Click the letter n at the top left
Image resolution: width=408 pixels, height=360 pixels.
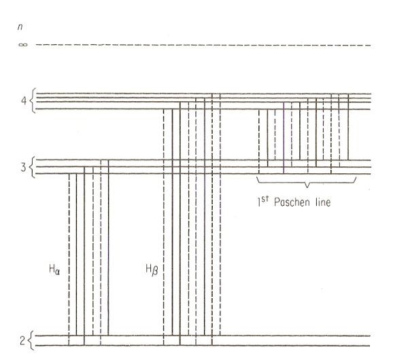coord(27,27)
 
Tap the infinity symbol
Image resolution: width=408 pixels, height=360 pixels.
coord(26,46)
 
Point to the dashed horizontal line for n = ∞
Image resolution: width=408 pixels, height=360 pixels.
coord(204,46)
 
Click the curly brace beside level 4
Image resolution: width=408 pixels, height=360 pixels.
coord(33,100)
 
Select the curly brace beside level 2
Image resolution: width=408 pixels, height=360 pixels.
coord(32,340)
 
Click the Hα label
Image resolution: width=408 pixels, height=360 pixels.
coord(55,270)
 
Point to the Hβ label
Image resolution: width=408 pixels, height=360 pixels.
coord(152,270)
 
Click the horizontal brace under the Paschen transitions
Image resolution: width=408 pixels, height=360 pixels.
coord(306,181)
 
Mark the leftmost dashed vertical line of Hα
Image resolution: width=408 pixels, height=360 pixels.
coord(69,258)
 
